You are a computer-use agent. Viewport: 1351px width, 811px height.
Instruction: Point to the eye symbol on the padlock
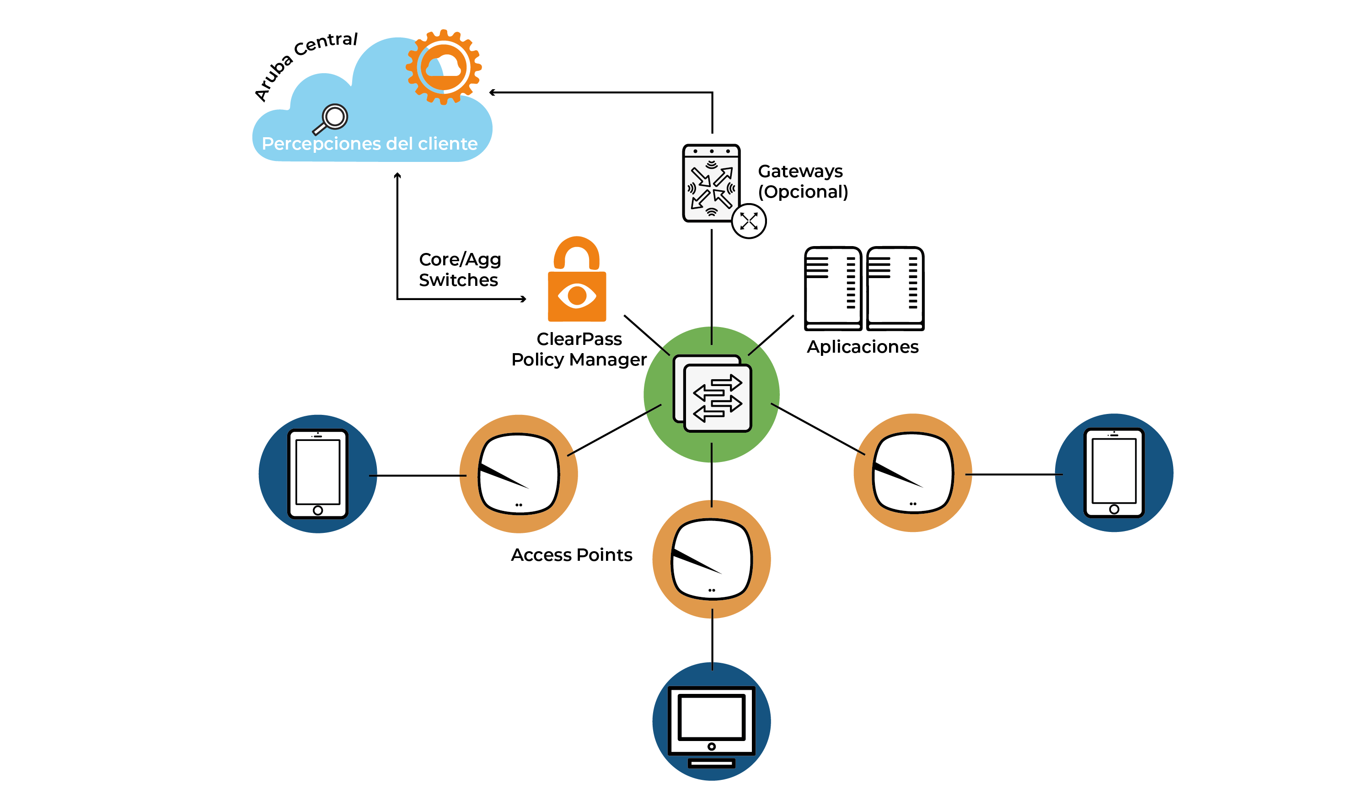[577, 295]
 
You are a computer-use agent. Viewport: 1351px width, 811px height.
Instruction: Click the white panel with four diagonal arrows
[711, 183]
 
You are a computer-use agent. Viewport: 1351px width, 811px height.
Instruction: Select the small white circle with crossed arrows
[748, 221]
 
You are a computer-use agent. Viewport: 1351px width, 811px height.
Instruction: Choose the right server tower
[895, 288]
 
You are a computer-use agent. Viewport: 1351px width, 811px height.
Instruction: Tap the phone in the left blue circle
[318, 474]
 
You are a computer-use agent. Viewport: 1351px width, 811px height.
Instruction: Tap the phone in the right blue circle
[1114, 473]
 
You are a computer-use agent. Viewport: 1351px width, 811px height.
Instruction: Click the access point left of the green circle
[519, 474]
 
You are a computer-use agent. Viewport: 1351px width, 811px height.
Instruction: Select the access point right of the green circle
[913, 473]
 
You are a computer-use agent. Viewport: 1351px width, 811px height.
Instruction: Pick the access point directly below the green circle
[711, 559]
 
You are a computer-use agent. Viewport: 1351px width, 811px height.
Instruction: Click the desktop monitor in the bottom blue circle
[711, 721]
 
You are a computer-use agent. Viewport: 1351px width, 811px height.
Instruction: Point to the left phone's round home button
[318, 510]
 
